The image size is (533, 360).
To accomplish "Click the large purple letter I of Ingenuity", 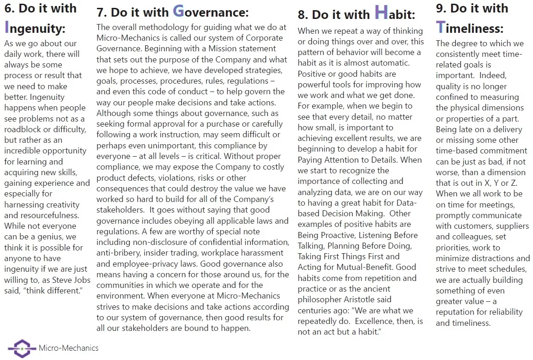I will (x=7, y=27).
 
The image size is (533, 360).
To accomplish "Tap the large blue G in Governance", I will (x=179, y=11).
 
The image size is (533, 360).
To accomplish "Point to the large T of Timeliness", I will (x=440, y=27).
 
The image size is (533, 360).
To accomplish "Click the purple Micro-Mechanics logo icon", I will (x=22, y=348).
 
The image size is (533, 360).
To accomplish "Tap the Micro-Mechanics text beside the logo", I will (x=68, y=348).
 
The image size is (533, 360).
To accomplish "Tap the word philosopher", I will (x=320, y=299).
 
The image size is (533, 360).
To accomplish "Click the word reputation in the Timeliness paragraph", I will (x=456, y=312).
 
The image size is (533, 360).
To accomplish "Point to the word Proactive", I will (x=334, y=235).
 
